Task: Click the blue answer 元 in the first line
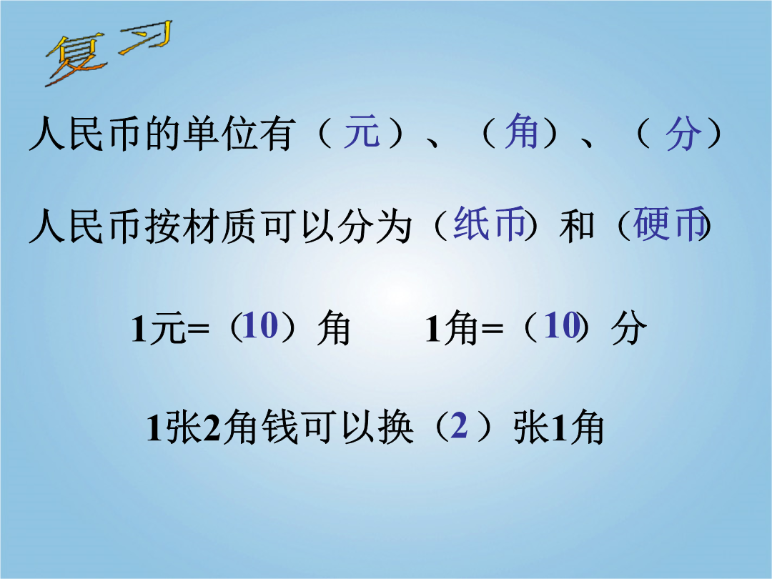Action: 362,132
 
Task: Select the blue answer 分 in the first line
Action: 683,133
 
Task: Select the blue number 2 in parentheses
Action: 458,425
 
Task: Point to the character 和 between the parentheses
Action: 577,227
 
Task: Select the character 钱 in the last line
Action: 279,427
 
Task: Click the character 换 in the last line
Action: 396,427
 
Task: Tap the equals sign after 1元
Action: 198,328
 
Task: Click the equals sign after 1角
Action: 493,328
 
